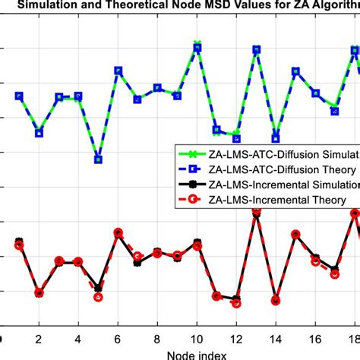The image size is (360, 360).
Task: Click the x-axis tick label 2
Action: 39,339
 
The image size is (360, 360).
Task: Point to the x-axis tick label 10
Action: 197,339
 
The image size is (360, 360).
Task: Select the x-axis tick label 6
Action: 118,339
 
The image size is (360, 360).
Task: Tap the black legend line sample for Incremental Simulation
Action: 191,184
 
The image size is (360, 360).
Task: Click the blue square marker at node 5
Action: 98,159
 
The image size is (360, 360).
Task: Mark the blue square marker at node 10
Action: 197,48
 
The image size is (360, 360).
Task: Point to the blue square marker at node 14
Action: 276,139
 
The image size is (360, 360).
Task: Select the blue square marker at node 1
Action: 19,96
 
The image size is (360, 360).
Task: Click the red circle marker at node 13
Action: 256,213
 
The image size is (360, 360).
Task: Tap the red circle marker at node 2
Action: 39,293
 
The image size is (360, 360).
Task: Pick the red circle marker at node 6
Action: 118,233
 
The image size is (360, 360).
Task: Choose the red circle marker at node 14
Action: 276,301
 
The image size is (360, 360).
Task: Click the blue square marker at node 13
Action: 256,50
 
